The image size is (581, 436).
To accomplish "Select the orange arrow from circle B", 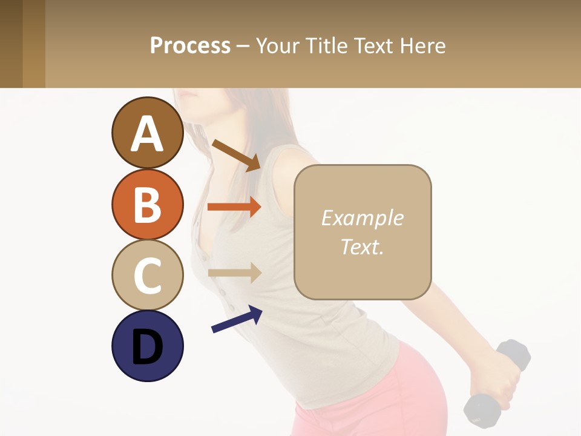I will point(234,207).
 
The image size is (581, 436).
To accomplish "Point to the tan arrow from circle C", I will point(234,272).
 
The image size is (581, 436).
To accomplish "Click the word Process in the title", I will point(190,45).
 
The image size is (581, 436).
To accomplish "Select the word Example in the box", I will point(362,218).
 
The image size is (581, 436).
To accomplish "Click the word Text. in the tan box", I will point(362,246).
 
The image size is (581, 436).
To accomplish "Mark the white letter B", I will point(147,205).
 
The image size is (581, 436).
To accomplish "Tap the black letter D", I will point(147,347).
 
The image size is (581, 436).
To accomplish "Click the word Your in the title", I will point(277,45).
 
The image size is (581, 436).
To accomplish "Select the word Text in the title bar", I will point(374,45).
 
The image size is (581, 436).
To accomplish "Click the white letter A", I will point(147,133).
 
